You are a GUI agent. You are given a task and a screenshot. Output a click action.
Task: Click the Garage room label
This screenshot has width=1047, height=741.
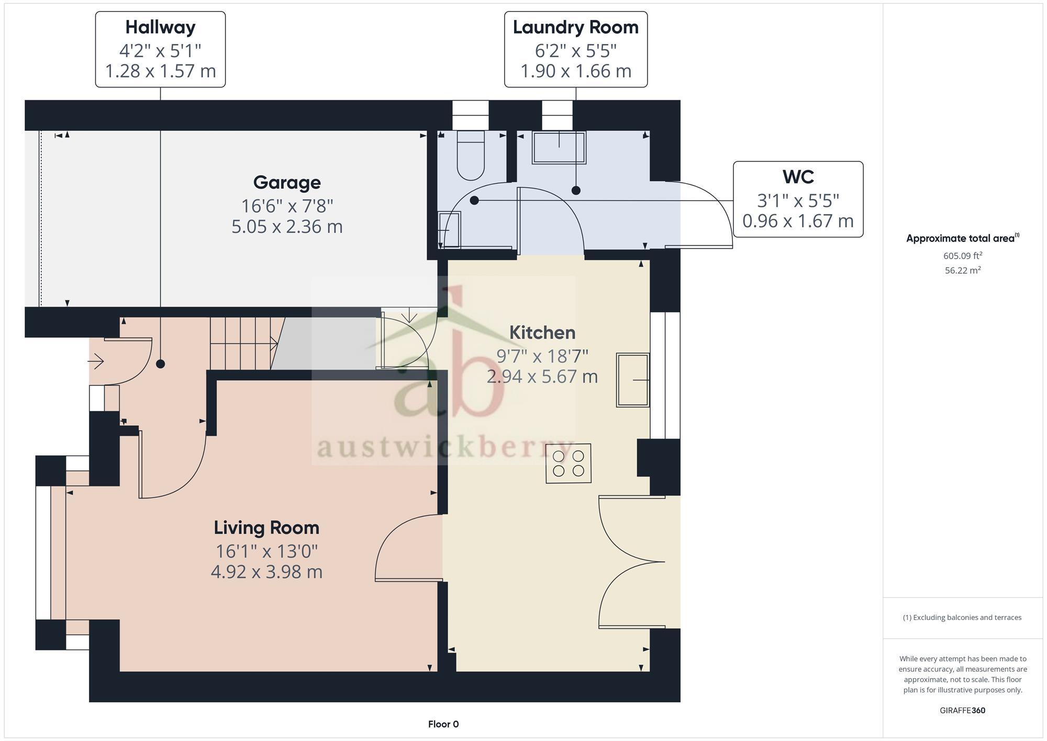coord(287,183)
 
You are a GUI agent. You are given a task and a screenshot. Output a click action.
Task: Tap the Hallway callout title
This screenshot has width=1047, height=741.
coord(160,27)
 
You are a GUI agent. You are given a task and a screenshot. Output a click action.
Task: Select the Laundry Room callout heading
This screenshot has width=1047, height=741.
coord(575,27)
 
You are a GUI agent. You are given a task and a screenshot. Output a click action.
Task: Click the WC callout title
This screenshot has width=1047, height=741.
coord(798,177)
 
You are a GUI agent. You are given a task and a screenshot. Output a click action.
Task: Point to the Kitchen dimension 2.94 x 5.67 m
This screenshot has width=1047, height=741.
coord(542,377)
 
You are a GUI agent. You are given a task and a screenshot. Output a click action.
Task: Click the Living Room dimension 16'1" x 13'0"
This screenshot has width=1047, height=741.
coord(266,551)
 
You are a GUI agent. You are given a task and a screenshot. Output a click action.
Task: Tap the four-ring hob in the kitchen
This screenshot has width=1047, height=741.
coord(568,463)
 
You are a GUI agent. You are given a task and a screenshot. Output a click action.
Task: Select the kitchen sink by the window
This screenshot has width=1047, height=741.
coord(632,380)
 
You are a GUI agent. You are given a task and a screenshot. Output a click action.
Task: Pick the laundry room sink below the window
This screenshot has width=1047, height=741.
coord(559,147)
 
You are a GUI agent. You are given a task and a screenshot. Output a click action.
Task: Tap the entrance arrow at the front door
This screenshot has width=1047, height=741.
coord(96,361)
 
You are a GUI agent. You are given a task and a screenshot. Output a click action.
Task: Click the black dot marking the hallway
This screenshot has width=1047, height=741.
coord(161,364)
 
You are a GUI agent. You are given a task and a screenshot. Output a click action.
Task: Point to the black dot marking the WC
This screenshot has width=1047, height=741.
coord(474,200)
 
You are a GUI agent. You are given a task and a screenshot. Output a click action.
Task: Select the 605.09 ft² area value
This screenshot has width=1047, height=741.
coord(962,256)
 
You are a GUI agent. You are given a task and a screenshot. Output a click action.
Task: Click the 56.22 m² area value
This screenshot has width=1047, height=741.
coord(962,271)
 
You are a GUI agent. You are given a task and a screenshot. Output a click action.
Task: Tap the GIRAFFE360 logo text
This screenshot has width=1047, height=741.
coord(962,711)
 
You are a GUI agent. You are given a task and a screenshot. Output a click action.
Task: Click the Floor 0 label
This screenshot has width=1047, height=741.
coord(443,724)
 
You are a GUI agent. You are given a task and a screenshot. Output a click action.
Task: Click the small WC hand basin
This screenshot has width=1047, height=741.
coord(449,229)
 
